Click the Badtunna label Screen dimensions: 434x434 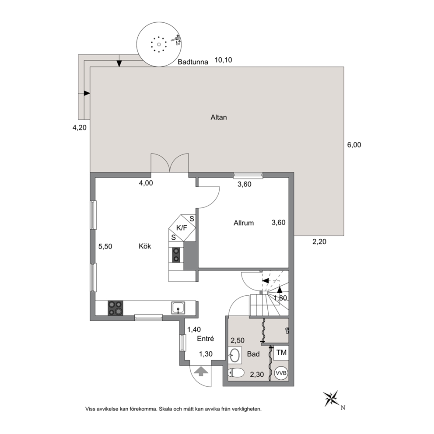[192, 62]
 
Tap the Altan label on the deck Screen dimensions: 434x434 [219, 117]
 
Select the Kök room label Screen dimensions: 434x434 [145, 246]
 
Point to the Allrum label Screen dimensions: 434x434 [244, 223]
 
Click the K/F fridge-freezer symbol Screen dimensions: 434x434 [182, 228]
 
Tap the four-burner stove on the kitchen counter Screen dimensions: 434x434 [115, 308]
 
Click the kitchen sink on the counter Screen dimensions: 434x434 [178, 308]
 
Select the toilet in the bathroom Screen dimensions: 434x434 [236, 373]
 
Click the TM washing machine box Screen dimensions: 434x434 [281, 353]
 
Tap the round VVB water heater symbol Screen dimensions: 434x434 [281, 373]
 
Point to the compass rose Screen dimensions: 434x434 [332, 398]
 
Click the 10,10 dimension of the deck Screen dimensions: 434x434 [224, 60]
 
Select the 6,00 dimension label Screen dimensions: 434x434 [354, 145]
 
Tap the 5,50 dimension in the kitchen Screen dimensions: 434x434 [105, 246]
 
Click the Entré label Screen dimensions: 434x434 [205, 339]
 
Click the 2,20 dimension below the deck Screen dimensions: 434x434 [319, 241]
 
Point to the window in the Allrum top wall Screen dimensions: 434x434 [248, 175]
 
